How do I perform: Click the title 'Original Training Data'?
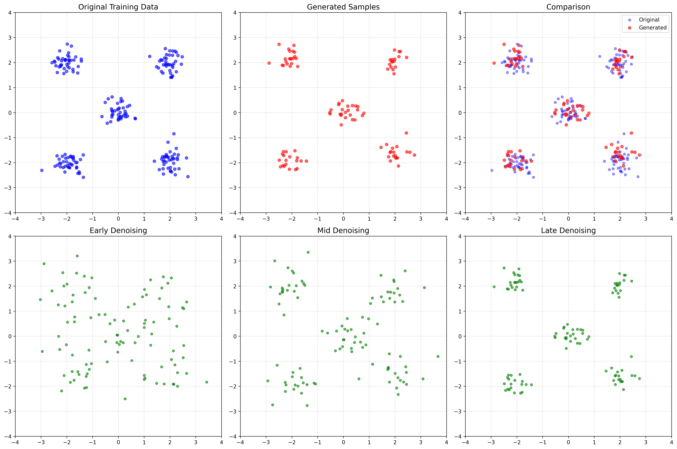[118, 7]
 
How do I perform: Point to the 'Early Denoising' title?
[118, 230]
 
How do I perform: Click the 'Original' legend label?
[649, 20]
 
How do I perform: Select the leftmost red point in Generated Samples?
[269, 63]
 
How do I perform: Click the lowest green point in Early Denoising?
[125, 399]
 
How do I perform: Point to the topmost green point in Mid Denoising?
[308, 252]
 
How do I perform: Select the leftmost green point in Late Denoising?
[494, 287]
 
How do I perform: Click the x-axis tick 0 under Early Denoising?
[118, 442]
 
